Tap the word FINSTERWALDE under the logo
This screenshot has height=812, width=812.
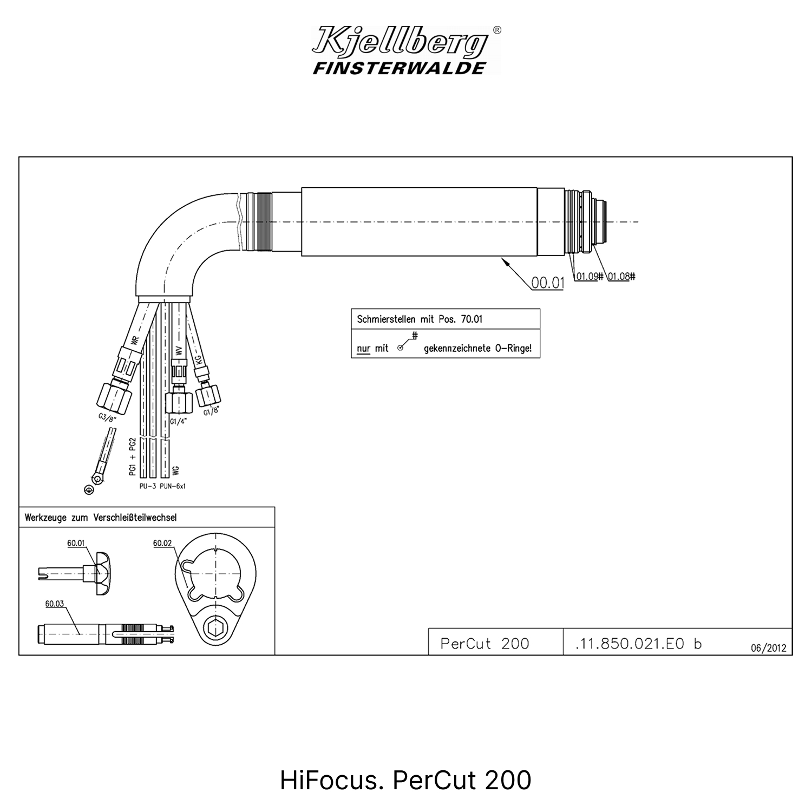[x=400, y=68]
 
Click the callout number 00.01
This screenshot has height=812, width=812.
[x=547, y=283]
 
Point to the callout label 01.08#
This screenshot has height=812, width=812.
[x=621, y=276]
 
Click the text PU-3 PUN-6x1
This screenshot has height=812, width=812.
[x=162, y=486]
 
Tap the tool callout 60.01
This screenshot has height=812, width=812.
[x=76, y=543]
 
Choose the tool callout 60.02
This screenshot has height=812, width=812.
[x=162, y=543]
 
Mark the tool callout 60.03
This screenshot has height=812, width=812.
[x=55, y=604]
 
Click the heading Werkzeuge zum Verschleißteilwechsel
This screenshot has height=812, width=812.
[x=101, y=518]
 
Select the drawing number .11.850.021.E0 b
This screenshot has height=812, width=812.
[x=639, y=644]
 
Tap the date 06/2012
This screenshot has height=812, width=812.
[x=768, y=648]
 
